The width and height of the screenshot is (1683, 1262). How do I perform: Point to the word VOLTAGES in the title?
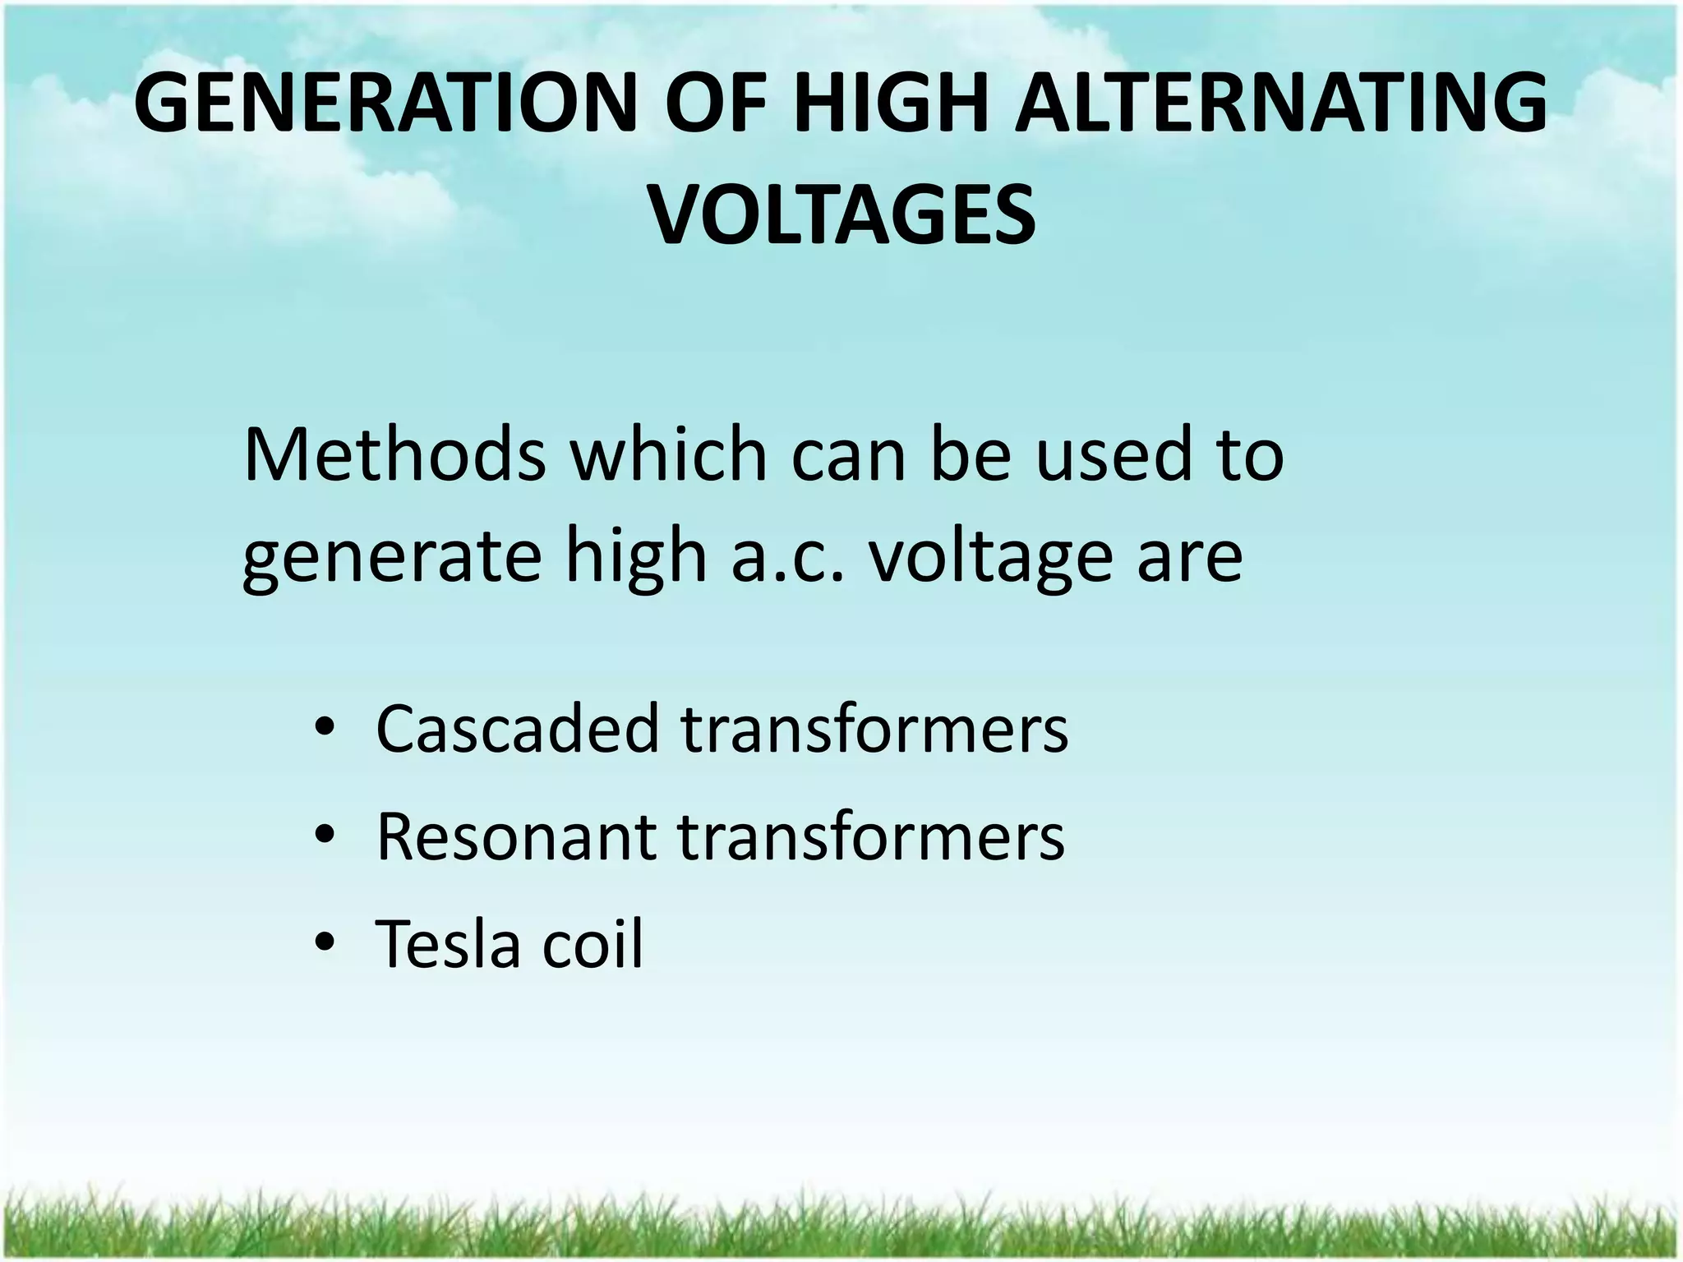[842, 215]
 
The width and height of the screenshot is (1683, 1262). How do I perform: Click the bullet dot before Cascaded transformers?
[325, 729]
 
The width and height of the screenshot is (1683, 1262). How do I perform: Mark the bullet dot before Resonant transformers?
[325, 837]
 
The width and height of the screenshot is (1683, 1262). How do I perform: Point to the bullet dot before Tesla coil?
[325, 945]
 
